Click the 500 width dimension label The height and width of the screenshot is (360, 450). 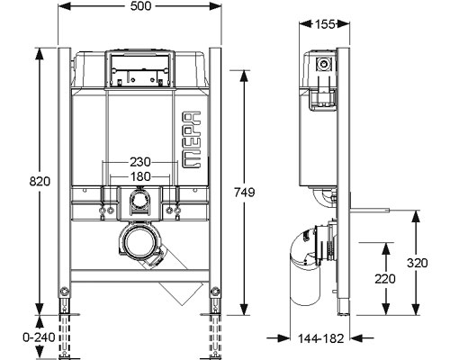140,6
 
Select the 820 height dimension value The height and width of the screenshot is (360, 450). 40,181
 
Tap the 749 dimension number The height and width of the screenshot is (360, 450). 245,193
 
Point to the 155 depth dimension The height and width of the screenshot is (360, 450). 325,24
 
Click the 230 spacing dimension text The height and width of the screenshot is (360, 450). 140,162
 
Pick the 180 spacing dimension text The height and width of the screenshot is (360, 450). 140,176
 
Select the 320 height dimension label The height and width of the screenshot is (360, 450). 418,263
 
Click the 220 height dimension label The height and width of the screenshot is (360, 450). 385,279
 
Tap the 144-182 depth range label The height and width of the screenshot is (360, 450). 320,338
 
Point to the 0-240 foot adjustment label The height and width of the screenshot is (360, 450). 39,337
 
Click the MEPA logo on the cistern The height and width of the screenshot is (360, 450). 192,139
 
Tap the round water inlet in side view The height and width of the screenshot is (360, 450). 324,64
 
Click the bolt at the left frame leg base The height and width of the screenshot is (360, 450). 64,292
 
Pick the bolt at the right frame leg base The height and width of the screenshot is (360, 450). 215,292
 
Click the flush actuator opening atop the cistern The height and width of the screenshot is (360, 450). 139,69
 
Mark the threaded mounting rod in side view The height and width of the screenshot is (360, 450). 370,210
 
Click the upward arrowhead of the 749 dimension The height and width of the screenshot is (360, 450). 245,76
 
